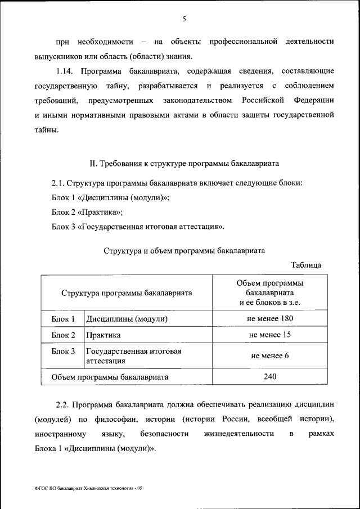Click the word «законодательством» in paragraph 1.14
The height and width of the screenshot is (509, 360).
tap(196, 101)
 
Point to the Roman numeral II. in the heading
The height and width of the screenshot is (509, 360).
tap(94, 164)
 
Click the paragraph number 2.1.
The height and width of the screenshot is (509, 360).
tap(58, 184)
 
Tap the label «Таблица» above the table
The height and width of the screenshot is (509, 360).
tap(306, 264)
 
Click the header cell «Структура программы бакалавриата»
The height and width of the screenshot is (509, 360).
tap(127, 293)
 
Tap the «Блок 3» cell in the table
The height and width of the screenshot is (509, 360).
tap(63, 352)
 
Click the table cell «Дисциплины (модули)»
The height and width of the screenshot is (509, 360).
tap(127, 319)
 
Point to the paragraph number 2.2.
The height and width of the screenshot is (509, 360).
tap(63, 405)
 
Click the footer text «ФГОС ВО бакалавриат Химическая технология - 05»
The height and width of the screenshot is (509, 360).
tap(88, 488)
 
